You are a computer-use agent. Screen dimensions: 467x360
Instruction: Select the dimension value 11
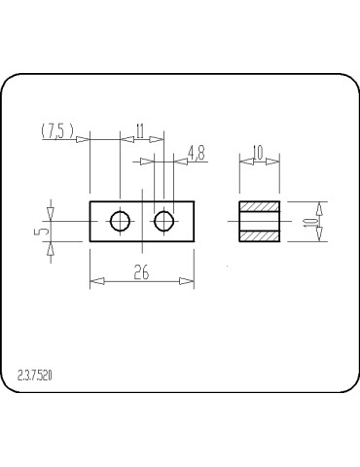click(140, 129)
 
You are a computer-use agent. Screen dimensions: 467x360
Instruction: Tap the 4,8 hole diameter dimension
click(196, 151)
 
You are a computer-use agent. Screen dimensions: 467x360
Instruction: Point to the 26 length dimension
click(141, 273)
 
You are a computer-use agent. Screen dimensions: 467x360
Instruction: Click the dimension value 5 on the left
click(37, 233)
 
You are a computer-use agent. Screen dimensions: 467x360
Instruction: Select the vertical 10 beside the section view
click(310, 222)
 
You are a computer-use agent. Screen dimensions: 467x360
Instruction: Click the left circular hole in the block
click(120, 222)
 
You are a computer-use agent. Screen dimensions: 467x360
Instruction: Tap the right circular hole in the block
click(164, 222)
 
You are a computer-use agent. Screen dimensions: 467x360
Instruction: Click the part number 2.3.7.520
click(35, 374)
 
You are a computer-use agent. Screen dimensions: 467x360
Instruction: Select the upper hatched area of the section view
click(260, 207)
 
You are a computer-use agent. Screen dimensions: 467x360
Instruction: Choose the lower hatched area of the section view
click(260, 235)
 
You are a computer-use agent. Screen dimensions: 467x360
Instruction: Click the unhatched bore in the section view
click(260, 222)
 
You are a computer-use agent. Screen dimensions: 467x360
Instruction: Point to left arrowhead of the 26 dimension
click(95, 282)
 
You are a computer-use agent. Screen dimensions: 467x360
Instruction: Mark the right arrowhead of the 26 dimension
click(187, 282)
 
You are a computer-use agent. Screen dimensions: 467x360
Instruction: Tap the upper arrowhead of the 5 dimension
click(52, 208)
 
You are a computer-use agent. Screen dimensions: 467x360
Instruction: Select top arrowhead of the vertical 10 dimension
click(321, 207)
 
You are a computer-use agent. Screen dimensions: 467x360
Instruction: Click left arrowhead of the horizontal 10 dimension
click(244, 161)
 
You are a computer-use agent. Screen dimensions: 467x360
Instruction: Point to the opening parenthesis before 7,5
click(44, 131)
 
